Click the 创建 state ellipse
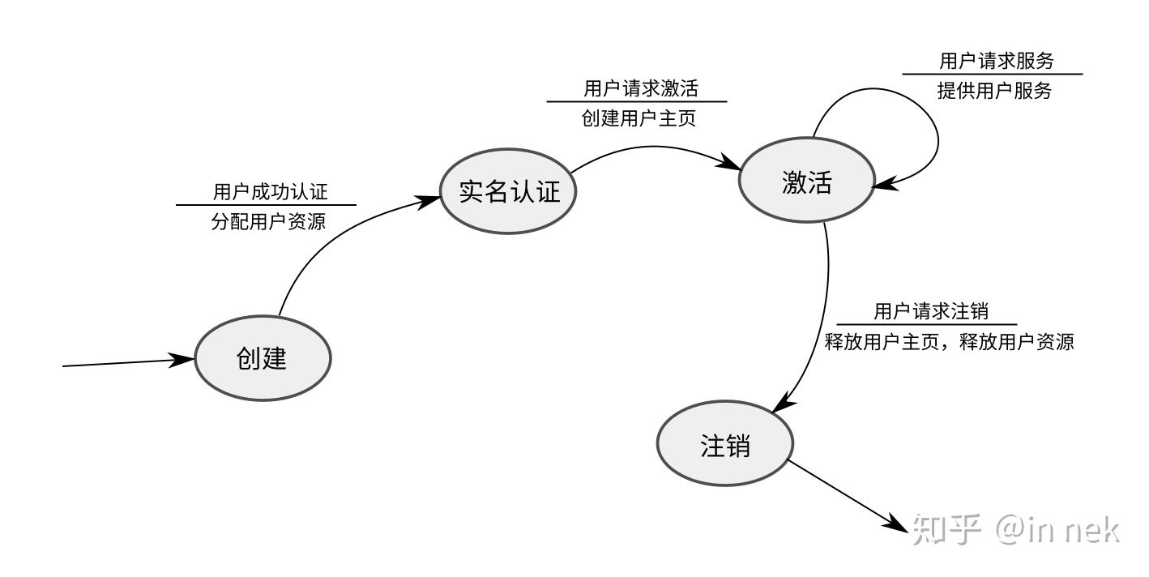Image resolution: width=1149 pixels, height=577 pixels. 263,357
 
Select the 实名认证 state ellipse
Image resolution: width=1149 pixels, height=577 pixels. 510,192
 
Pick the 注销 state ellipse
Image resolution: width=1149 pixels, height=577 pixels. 724,445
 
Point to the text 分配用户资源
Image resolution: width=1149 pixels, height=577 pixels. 268,221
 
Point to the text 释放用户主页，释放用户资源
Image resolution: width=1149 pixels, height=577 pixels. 948,342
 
